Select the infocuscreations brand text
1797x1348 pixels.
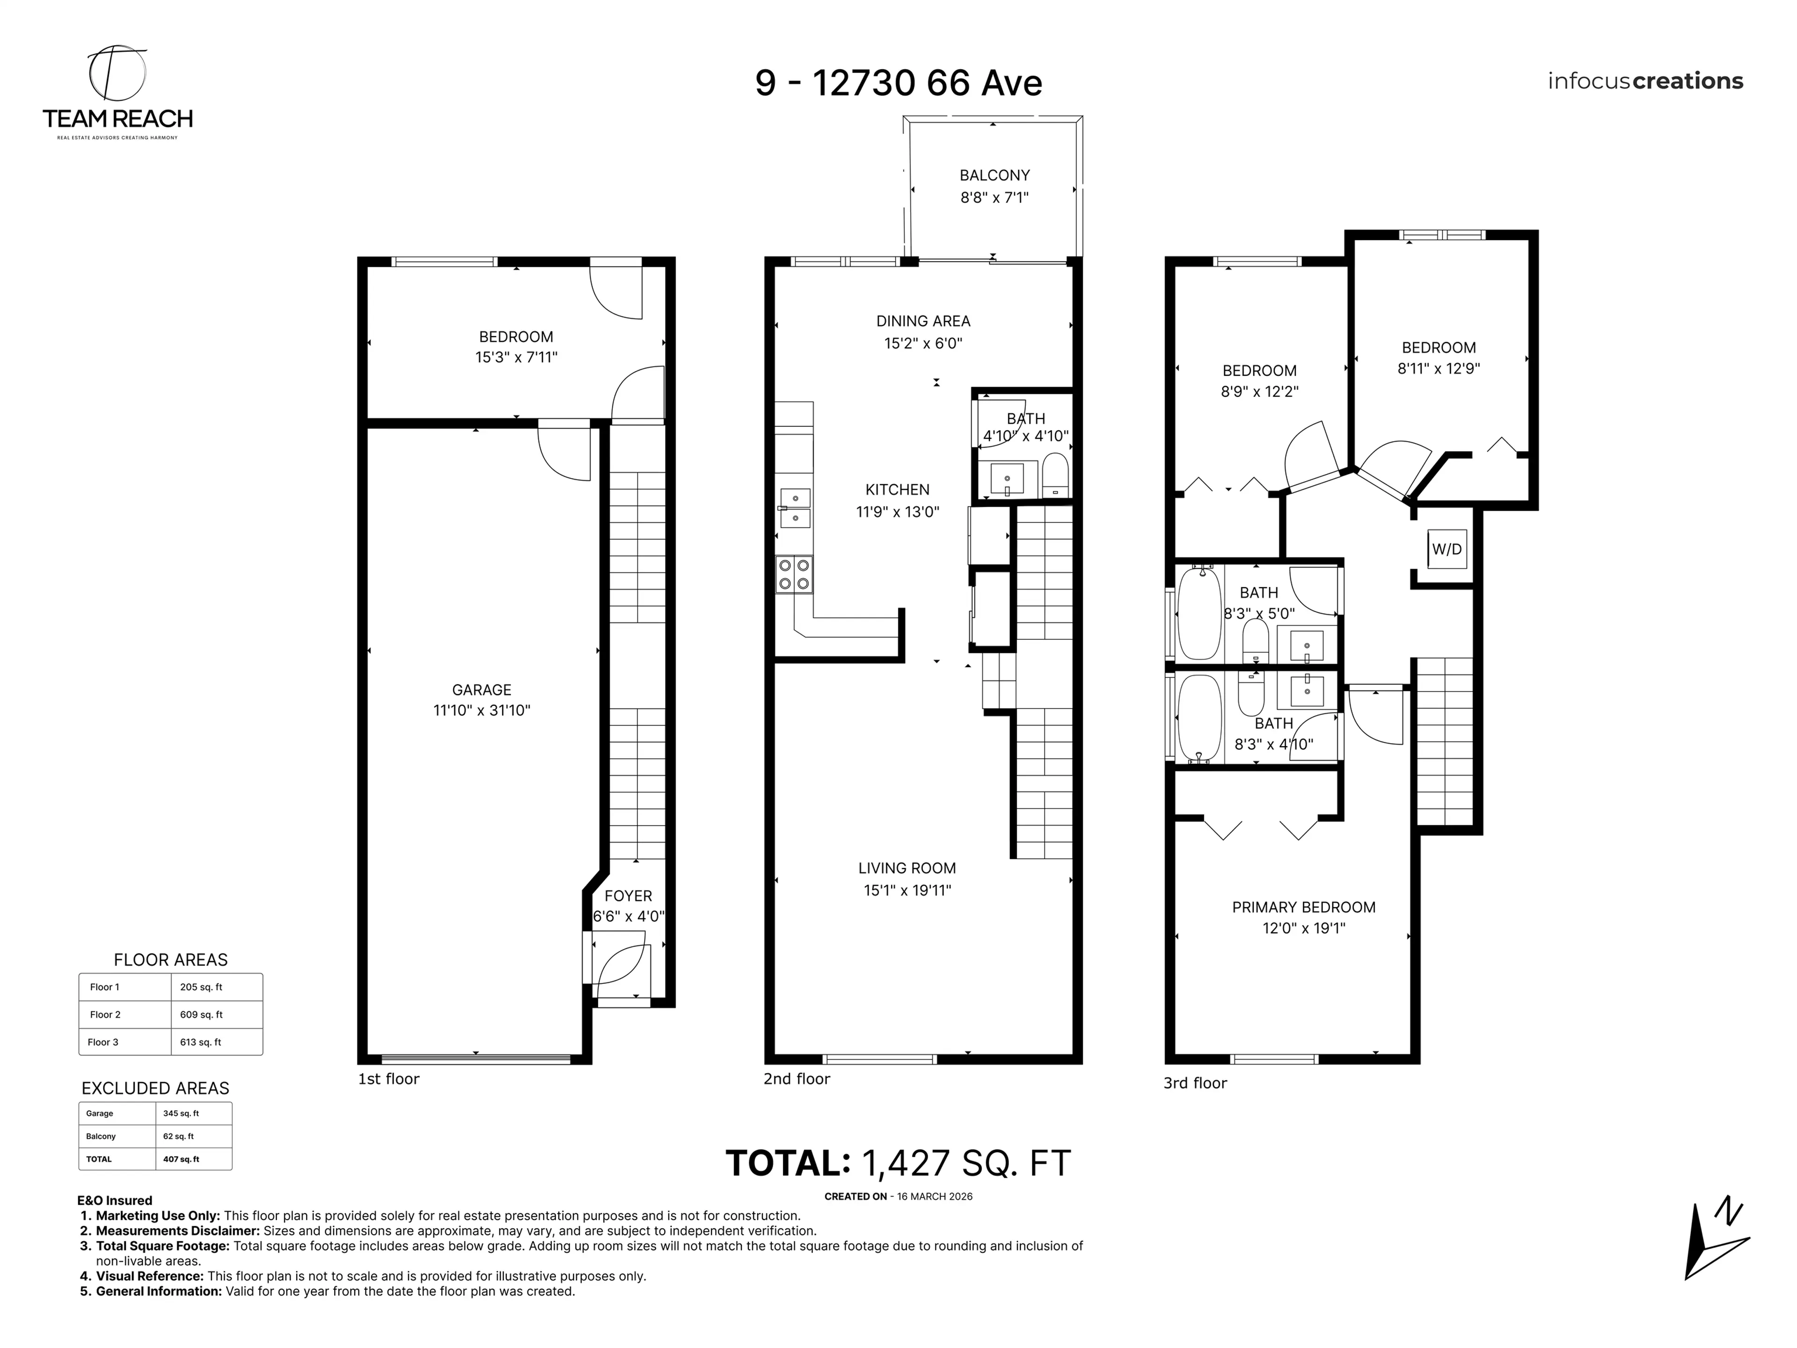point(1644,81)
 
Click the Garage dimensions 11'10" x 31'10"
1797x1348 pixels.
point(481,710)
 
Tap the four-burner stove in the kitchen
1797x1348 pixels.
point(794,574)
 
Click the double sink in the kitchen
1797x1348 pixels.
point(795,508)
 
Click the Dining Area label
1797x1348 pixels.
point(923,321)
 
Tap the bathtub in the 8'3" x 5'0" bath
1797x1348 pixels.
point(1199,614)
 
